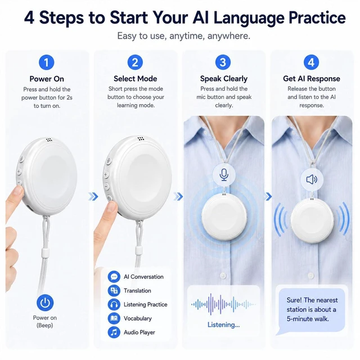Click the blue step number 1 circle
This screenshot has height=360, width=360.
click(x=47, y=62)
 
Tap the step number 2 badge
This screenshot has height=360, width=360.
click(x=135, y=62)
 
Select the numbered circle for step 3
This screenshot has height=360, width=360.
click(x=223, y=62)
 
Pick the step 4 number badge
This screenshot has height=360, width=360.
click(x=311, y=62)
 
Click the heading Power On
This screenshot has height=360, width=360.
click(x=47, y=79)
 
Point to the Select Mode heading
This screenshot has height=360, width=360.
click(x=135, y=79)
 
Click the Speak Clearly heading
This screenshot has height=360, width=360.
click(x=224, y=79)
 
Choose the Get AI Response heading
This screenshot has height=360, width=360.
click(x=311, y=79)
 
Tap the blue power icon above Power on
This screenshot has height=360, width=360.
click(x=45, y=303)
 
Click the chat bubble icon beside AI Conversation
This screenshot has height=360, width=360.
click(x=114, y=277)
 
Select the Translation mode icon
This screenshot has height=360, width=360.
click(x=114, y=291)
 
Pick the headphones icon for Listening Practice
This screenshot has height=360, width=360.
click(x=114, y=305)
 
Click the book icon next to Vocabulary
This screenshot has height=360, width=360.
click(x=114, y=318)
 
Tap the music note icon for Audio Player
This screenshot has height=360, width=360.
click(x=114, y=332)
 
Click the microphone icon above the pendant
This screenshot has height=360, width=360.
click(x=224, y=175)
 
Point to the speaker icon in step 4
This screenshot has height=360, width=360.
click(x=312, y=179)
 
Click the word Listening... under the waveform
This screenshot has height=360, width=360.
click(x=223, y=325)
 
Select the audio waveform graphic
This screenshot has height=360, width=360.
click(x=223, y=304)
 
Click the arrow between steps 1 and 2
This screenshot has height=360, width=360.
click(x=93, y=196)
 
